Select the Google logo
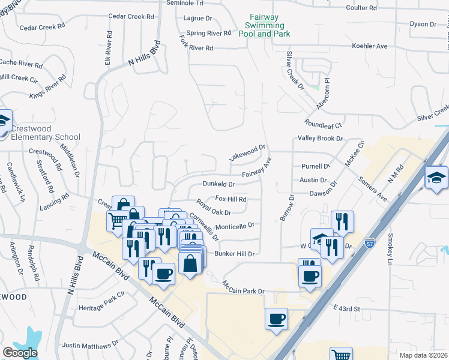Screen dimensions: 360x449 click(x=20, y=353)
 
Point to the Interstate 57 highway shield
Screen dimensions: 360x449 click(x=370, y=244)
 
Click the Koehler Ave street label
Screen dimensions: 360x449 click(x=370, y=46)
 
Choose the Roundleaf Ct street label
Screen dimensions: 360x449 click(x=323, y=125)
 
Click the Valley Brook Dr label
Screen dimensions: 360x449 click(x=320, y=138)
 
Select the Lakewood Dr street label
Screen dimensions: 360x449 click(x=247, y=152)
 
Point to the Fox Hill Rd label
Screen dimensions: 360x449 click(x=231, y=199)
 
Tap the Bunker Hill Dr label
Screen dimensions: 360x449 click(x=235, y=254)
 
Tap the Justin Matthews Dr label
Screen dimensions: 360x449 click(x=91, y=345)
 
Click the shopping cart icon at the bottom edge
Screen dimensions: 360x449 click(x=341, y=354)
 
